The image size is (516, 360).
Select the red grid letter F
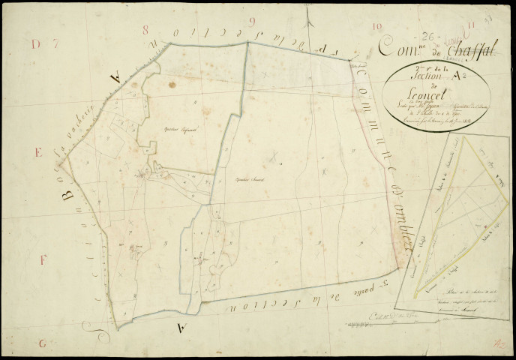pos(43,260)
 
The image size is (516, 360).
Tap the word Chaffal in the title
pos(466,49)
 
